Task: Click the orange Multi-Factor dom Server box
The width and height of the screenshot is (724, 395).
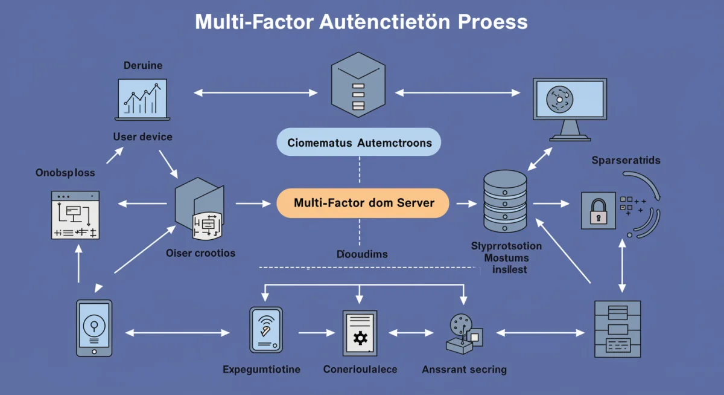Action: [x=363, y=203]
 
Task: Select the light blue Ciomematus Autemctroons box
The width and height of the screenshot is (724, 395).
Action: [x=359, y=143]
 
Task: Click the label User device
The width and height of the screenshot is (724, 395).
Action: [x=143, y=136]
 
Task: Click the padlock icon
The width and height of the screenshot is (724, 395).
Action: [x=598, y=210]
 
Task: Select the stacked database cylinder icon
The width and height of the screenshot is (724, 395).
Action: [x=505, y=199]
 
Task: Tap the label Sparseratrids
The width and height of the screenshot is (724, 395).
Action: [x=626, y=161]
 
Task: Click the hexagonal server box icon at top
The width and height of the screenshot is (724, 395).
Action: [x=358, y=83]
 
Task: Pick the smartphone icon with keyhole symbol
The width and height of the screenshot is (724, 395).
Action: [x=94, y=327]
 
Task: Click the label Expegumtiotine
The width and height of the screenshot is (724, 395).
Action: [x=261, y=369]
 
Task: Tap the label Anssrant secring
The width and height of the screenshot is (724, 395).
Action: [x=464, y=369]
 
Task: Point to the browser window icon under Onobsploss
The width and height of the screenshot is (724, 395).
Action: [x=75, y=214]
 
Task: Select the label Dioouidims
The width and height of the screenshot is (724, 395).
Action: [x=361, y=254]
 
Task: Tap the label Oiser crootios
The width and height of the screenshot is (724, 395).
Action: [x=200, y=252]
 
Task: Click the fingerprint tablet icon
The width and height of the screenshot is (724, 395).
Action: [x=266, y=330]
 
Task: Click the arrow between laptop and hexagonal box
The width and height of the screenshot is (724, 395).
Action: [x=255, y=92]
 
